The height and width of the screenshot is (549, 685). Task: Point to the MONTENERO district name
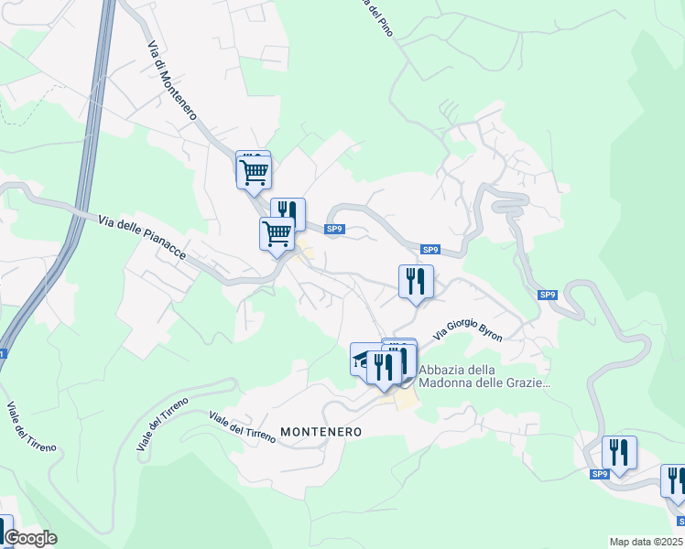pyautogui.click(x=321, y=431)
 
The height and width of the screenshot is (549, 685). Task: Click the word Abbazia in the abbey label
pyautogui.click(x=443, y=371)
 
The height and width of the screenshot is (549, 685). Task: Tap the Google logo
pyautogui.click(x=30, y=538)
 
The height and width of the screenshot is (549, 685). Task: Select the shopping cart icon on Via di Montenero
pyautogui.click(x=253, y=170)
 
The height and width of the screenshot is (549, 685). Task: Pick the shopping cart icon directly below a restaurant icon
pyautogui.click(x=277, y=234)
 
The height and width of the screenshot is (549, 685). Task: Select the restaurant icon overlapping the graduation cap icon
pyautogui.click(x=384, y=366)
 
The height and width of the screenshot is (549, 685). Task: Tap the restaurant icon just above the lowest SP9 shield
pyautogui.click(x=619, y=452)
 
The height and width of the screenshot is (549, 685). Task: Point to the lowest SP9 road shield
pyautogui.click(x=600, y=474)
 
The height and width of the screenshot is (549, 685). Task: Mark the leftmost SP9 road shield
pyautogui.click(x=334, y=229)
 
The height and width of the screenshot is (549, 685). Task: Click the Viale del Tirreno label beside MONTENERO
pyautogui.click(x=243, y=427)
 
